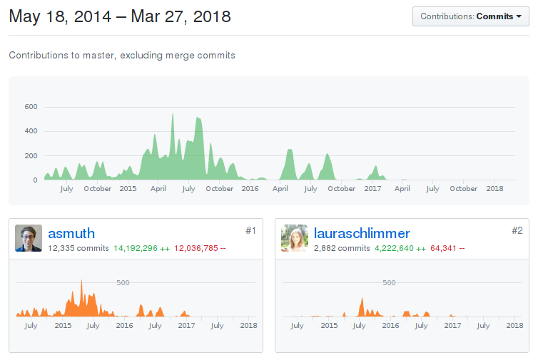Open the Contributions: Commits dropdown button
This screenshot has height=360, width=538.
point(470,16)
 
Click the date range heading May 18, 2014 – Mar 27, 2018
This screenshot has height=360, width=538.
point(120,16)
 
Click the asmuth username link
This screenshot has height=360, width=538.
point(71,233)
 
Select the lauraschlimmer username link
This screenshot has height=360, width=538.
point(362,233)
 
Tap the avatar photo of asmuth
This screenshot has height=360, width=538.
point(29,239)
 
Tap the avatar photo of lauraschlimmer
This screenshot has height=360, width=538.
point(295,239)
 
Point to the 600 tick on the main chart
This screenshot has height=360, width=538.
point(31,107)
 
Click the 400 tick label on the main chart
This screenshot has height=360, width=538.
point(31,131)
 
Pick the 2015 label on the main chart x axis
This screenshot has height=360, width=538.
point(128,189)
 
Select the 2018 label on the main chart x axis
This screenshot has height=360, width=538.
point(494,189)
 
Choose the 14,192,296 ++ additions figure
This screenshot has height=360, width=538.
point(141,248)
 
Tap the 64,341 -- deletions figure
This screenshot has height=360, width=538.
point(447,248)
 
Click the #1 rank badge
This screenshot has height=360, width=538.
point(250,230)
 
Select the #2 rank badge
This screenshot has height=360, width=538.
point(517,230)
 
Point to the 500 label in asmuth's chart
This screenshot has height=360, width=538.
point(123,283)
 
